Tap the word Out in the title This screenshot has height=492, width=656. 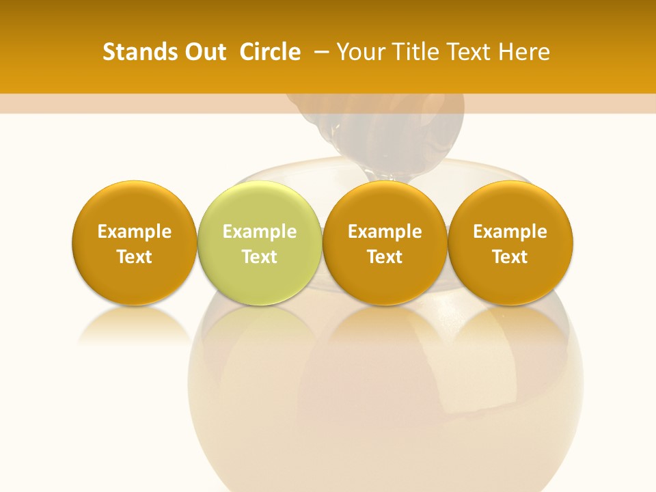204,52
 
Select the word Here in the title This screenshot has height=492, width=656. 524,52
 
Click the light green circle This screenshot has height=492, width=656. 260,243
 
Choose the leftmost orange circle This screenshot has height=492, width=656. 135,243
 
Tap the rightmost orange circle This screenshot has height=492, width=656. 510,243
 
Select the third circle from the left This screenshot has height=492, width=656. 385,243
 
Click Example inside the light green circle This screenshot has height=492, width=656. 260,232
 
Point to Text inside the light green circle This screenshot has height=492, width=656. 260,257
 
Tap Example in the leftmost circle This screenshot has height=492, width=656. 135,232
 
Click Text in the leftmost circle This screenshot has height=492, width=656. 135,257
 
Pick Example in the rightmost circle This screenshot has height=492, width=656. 510,232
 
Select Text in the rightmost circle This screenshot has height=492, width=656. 510,257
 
